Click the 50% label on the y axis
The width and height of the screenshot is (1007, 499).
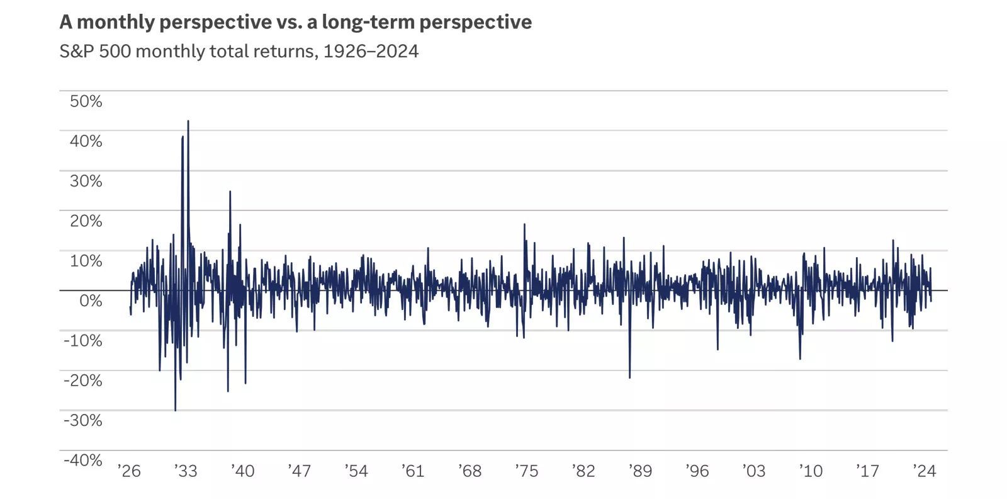(86, 101)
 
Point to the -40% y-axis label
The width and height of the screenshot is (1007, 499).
(83, 461)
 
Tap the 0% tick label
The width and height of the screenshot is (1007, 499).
(91, 301)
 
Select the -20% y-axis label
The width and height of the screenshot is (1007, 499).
(83, 381)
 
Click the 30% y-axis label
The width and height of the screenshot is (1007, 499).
(86, 181)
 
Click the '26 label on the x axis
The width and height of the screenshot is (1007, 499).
(129, 471)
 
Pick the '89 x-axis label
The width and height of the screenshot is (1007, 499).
(640, 471)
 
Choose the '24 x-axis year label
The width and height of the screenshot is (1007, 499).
(924, 471)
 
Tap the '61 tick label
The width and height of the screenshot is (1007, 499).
(413, 471)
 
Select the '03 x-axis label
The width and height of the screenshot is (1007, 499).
(753, 471)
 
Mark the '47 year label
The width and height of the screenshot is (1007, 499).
(300, 471)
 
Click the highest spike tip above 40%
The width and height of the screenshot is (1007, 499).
(188, 121)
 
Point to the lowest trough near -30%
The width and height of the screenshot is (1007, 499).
(175, 410)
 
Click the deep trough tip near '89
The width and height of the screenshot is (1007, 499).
(629, 377)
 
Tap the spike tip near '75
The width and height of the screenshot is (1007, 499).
(524, 224)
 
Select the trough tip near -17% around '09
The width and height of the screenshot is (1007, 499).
(800, 358)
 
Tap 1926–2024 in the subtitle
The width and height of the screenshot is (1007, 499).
(371, 51)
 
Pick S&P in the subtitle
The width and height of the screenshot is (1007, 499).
(77, 51)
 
